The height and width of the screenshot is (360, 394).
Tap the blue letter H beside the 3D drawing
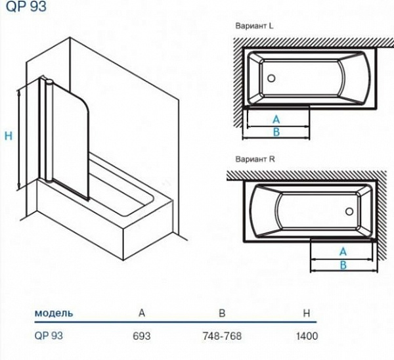8,137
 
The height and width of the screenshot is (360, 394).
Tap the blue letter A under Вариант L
276,120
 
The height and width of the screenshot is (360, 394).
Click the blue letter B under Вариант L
276,132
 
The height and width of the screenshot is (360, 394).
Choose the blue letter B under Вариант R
342,264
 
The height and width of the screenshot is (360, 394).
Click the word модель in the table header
54,313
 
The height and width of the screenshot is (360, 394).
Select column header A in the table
142,313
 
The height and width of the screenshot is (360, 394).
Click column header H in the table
306,313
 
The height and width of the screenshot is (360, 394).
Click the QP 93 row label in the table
47,336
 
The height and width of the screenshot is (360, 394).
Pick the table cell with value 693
142,336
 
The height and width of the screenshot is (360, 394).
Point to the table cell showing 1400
306,336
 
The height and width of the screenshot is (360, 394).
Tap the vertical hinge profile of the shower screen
47,131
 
